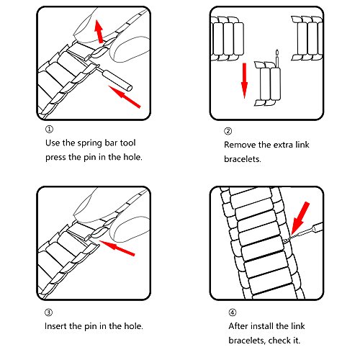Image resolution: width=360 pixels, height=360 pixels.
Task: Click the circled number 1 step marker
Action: point(49,130)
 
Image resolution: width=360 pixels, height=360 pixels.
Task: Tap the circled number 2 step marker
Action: point(228,131)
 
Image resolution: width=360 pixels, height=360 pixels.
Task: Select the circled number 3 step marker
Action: point(48,312)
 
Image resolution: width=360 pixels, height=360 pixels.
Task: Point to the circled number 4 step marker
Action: point(232,312)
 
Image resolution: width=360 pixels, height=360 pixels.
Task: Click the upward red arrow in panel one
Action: point(99,32)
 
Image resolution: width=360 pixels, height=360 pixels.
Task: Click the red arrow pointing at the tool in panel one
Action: point(125,96)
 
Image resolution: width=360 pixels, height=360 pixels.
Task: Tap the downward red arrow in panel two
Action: point(244,81)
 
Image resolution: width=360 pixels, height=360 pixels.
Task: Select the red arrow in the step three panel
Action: point(117,248)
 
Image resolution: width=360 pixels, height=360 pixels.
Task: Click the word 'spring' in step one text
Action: point(88,143)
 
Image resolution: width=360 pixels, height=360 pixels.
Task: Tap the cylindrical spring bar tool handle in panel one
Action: point(117,80)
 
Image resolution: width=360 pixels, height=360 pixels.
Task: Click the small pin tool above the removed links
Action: point(277,59)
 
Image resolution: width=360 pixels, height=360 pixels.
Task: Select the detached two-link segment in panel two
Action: point(267,84)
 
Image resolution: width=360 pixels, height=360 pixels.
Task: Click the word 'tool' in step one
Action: point(127,143)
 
